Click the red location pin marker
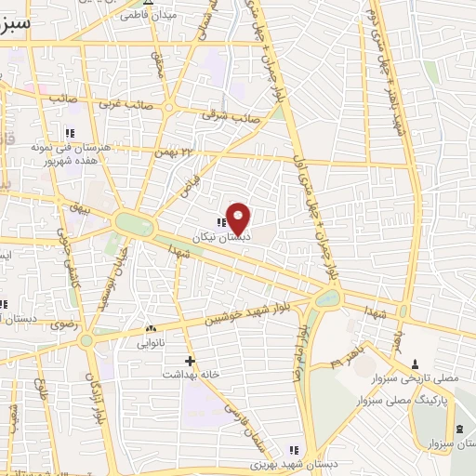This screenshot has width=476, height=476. [239, 218]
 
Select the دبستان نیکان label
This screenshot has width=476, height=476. [209, 238]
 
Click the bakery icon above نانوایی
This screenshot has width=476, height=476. [151, 329]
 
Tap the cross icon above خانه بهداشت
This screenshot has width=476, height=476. [191, 360]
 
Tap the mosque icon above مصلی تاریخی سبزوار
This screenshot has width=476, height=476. [415, 364]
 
